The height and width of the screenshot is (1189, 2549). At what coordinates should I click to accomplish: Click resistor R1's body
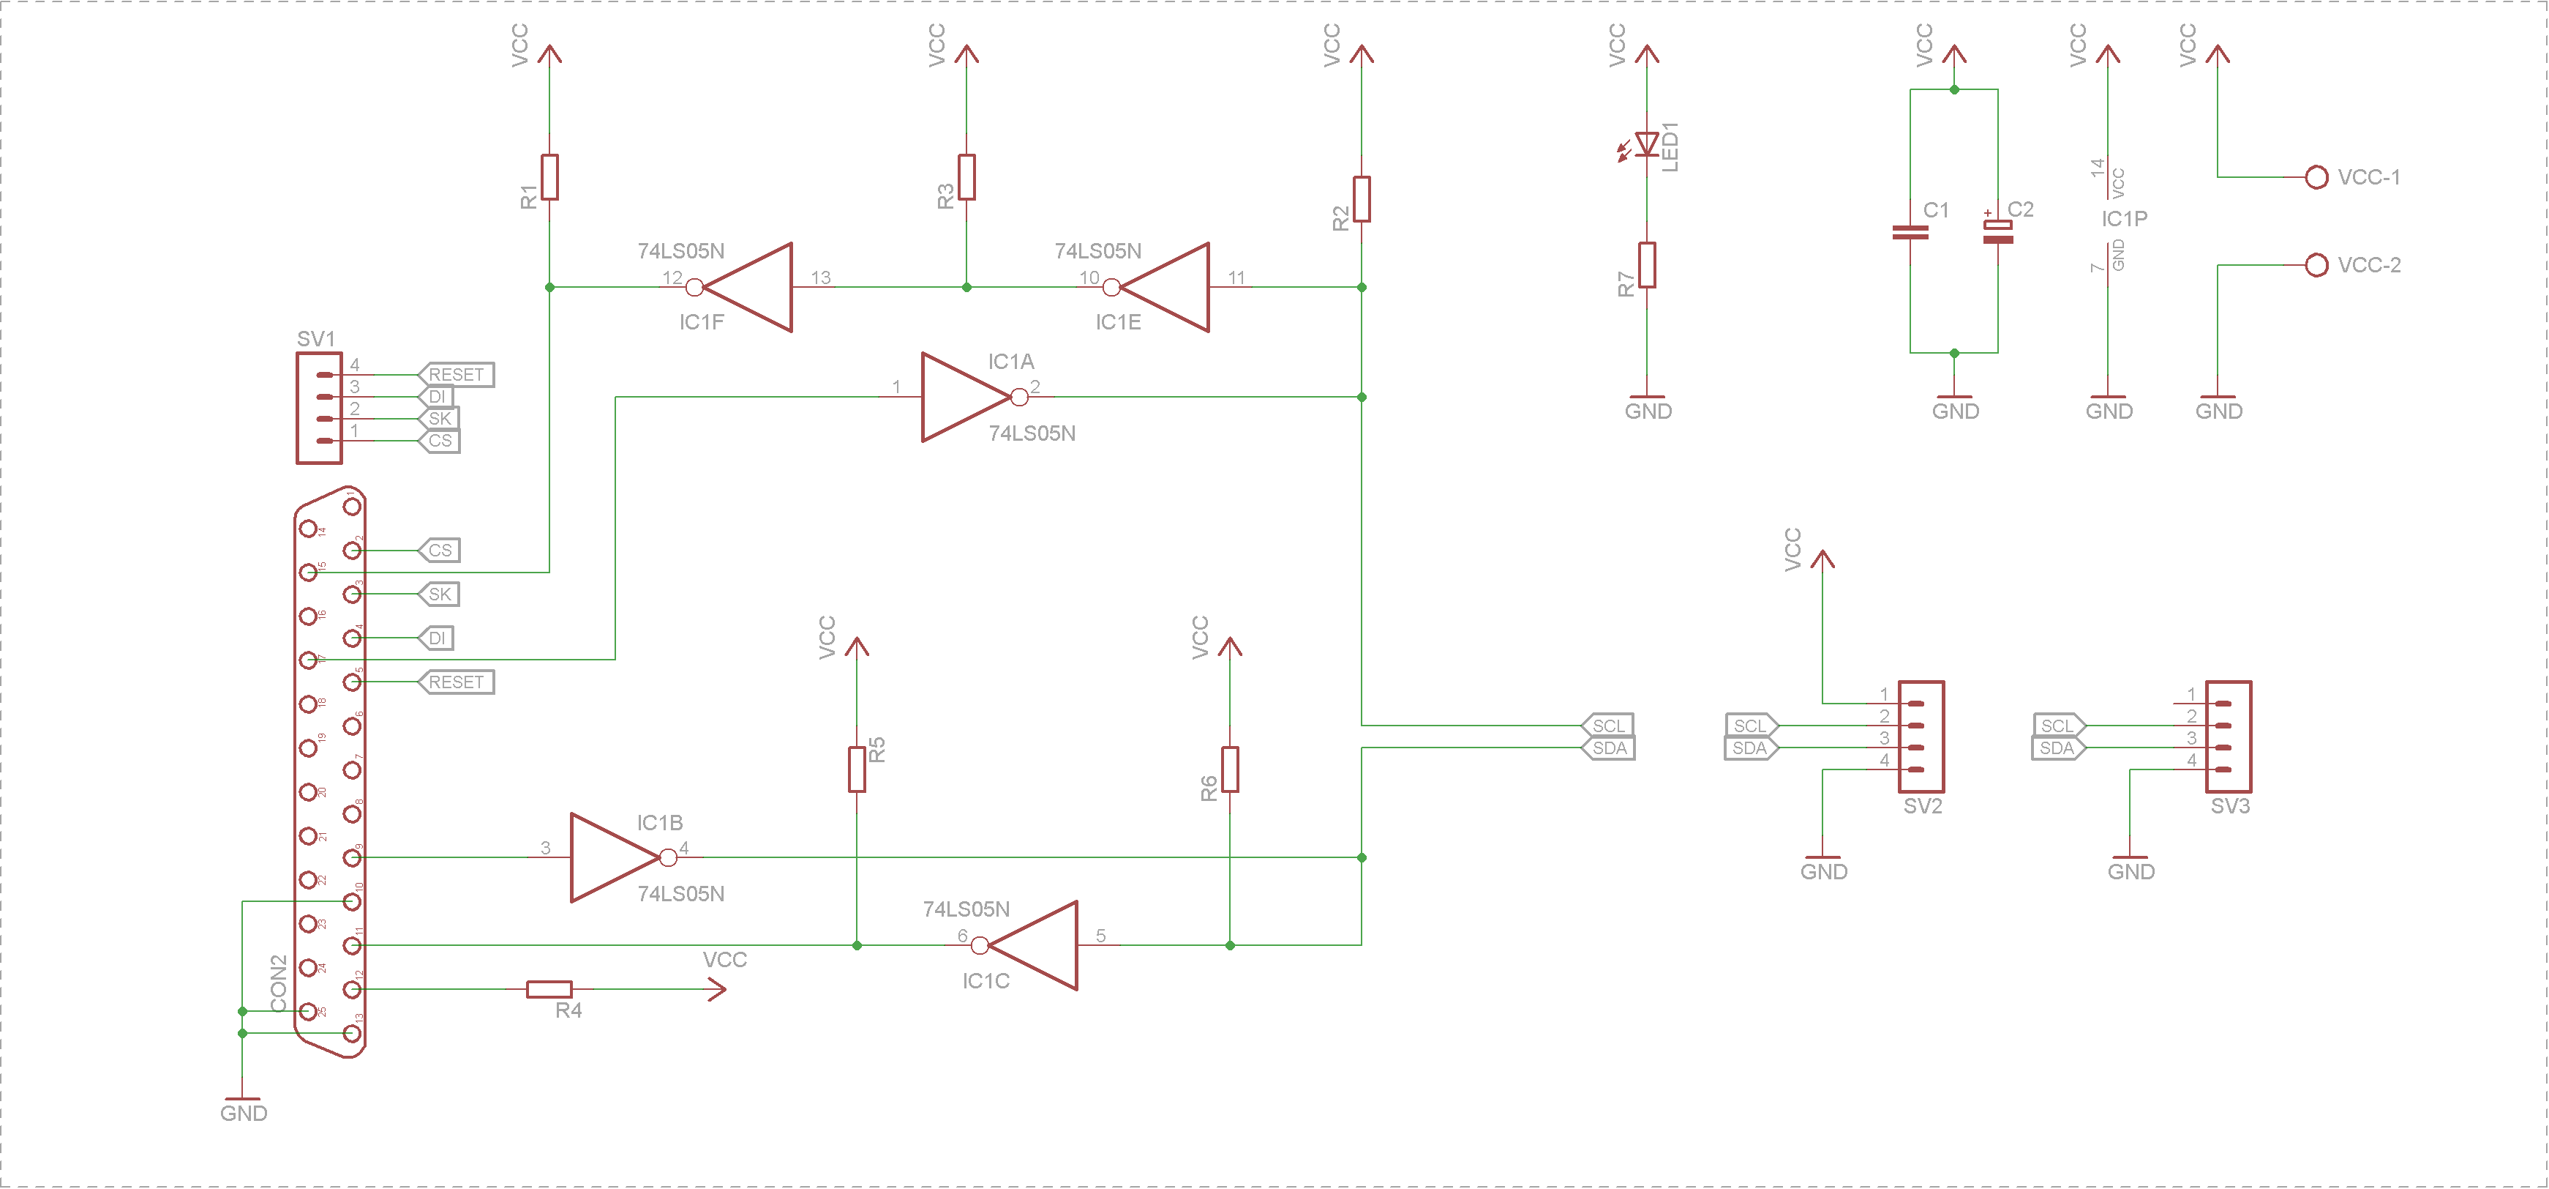point(549,177)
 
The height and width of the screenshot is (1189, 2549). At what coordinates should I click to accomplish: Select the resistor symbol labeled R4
point(549,988)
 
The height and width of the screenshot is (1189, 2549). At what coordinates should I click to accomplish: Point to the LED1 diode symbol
point(1647,144)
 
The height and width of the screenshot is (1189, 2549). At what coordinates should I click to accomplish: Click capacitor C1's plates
point(1910,233)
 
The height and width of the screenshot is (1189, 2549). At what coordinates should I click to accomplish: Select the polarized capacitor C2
point(1998,231)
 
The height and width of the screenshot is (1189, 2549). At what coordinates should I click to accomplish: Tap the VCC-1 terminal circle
point(2316,177)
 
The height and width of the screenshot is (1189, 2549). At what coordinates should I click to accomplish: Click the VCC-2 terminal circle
point(2316,265)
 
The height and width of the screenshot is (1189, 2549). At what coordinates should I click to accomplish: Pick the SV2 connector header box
point(1922,736)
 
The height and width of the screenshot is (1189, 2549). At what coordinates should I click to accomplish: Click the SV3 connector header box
point(2229,736)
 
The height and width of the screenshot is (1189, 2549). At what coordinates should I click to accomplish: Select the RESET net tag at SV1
point(456,374)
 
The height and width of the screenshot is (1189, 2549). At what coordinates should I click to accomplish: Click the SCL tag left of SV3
point(2057,726)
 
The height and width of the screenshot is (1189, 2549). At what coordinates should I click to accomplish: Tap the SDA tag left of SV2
point(1749,748)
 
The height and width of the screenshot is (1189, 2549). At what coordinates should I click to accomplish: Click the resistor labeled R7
point(1647,265)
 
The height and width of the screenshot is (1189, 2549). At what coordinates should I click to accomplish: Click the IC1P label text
point(2125,219)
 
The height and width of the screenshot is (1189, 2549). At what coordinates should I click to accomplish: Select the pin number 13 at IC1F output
point(820,277)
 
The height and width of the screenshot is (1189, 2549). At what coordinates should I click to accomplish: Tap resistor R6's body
point(1230,769)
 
